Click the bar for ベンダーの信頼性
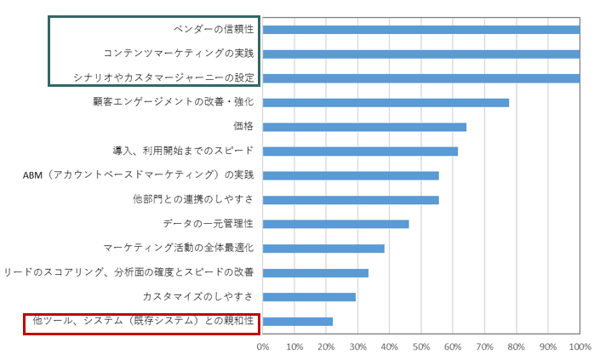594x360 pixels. (421, 30)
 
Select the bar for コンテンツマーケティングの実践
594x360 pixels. (421, 54)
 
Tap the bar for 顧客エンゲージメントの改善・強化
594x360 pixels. (386, 102)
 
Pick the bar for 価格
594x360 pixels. (364, 127)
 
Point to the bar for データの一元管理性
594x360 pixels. (335, 224)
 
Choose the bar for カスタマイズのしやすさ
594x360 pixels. (309, 297)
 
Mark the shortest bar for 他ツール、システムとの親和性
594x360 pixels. (297, 321)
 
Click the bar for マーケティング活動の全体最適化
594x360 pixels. (323, 249)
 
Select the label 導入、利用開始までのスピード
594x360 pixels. (183, 151)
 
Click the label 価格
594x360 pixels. (243, 127)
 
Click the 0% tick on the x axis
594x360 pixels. (263, 347)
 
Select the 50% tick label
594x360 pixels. (421, 347)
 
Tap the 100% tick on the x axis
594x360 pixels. (579, 347)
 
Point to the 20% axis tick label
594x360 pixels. (326, 347)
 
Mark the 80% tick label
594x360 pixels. (516, 347)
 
